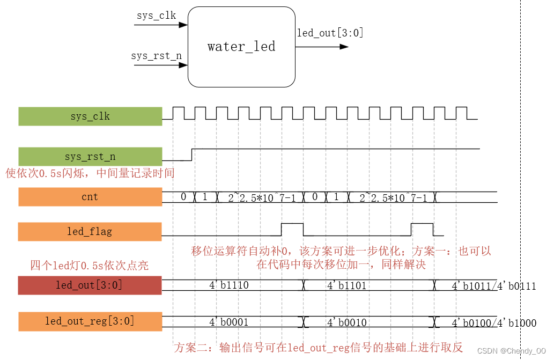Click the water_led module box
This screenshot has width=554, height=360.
[x=241, y=47]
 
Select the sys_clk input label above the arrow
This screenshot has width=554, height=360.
[x=156, y=15]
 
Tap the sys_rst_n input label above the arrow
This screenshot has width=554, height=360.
[x=156, y=55]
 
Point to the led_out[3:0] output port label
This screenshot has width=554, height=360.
[x=330, y=33]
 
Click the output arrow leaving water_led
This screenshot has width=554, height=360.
[x=322, y=47]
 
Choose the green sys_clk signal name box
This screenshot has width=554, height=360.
[x=90, y=116]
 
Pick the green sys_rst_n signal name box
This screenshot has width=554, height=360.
[x=90, y=157]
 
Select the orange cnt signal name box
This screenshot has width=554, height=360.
[x=90, y=197]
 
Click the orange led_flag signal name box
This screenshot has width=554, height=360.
[x=90, y=232]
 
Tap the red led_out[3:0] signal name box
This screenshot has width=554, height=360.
[x=90, y=285]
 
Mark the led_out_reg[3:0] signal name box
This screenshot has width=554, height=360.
[x=90, y=321]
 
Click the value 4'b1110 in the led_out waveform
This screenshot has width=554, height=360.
[x=228, y=285]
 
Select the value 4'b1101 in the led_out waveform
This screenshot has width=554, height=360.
[x=346, y=285]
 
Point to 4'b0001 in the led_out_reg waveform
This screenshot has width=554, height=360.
[x=228, y=322]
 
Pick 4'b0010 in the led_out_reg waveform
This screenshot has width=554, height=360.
[x=346, y=322]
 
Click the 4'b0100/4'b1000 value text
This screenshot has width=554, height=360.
[x=494, y=324]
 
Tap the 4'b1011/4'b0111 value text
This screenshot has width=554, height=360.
[x=494, y=286]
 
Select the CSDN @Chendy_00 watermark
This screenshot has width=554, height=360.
[x=511, y=351]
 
